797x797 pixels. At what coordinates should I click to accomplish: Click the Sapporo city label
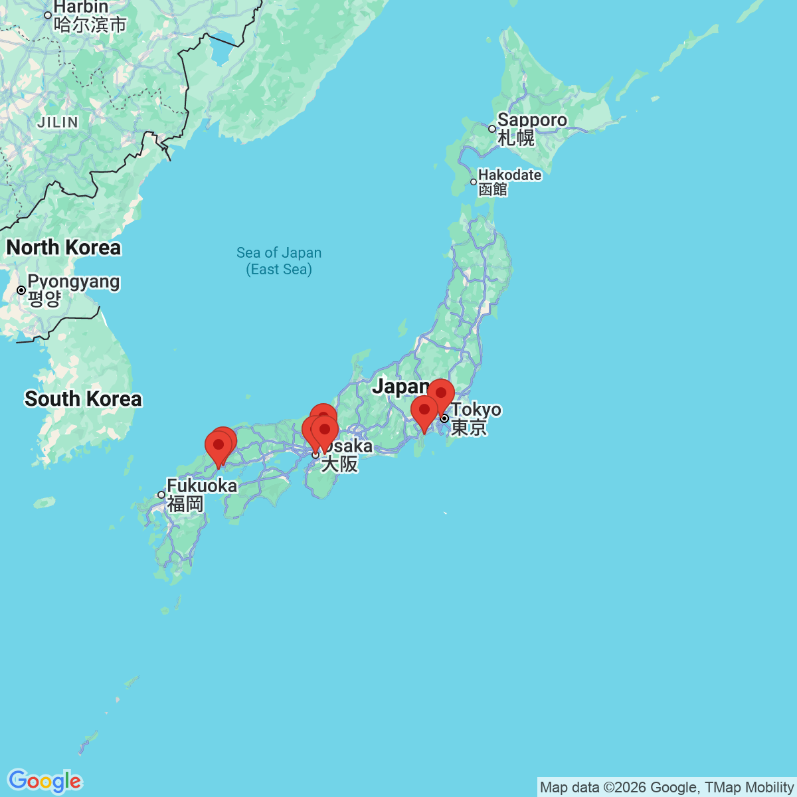point(532,120)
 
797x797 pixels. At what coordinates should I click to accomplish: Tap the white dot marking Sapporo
point(492,129)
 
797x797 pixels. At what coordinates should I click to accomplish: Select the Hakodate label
point(509,175)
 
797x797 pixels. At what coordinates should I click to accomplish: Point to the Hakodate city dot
point(474,182)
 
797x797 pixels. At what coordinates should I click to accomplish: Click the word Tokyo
point(477,409)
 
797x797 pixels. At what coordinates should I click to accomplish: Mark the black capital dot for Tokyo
point(444,418)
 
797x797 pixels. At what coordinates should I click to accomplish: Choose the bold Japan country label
point(400,386)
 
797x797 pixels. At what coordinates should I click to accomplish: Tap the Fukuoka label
point(202,486)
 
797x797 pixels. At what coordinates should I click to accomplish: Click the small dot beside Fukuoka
point(161,495)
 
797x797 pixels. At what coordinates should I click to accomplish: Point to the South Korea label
point(83,399)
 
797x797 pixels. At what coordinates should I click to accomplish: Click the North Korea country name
point(64,248)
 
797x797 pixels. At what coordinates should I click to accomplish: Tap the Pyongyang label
point(74,282)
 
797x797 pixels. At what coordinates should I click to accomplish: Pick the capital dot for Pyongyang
point(21,290)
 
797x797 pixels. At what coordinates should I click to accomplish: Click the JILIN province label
point(58,122)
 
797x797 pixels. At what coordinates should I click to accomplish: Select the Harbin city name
point(80,7)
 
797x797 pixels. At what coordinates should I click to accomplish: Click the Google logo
point(44,781)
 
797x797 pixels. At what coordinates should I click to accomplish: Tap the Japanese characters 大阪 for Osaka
point(339,464)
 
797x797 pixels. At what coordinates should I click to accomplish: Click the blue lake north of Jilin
point(222,50)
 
